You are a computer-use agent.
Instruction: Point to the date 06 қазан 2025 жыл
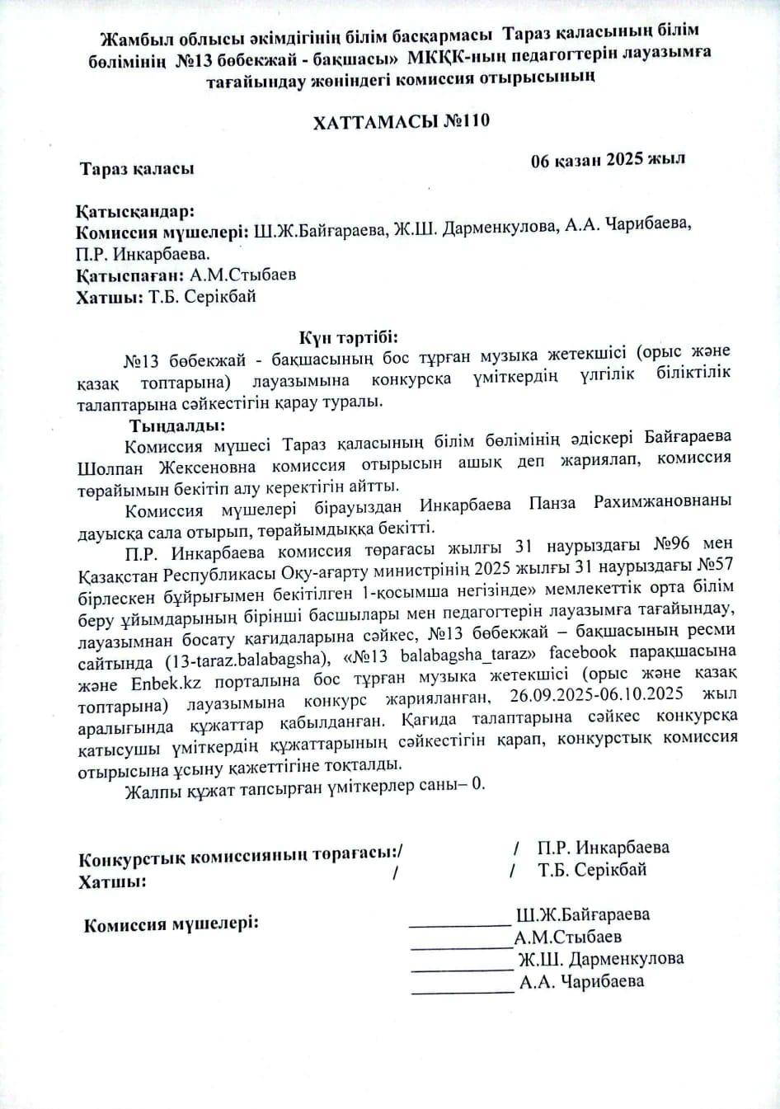pos(608,159)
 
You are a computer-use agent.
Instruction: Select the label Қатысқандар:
pos(136,211)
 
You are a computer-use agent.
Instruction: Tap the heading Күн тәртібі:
pos(349,337)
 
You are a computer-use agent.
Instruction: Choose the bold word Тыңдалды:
pos(176,426)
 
